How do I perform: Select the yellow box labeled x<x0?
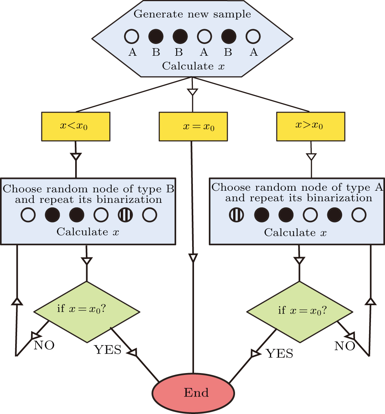pyautogui.click(x=76, y=126)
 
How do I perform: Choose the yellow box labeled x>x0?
pyautogui.click(x=311, y=126)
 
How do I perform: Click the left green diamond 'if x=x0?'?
pyautogui.click(x=87, y=309)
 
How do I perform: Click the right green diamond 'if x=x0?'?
pyautogui.click(x=300, y=310)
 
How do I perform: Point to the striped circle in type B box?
pyautogui.click(x=125, y=215)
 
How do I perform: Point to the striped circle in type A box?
pyautogui.click(x=237, y=215)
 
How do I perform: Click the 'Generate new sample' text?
pyautogui.click(x=192, y=14)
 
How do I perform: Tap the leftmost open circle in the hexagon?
pyautogui.click(x=132, y=37)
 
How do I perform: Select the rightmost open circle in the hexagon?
pyautogui.click(x=253, y=37)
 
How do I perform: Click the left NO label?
pyautogui.click(x=44, y=345)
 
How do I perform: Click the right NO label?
pyautogui.click(x=345, y=346)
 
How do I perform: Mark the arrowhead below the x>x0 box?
pyautogui.click(x=311, y=156)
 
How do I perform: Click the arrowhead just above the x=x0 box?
pyautogui.click(x=193, y=92)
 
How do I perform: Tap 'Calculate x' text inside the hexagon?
pyautogui.click(x=193, y=66)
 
